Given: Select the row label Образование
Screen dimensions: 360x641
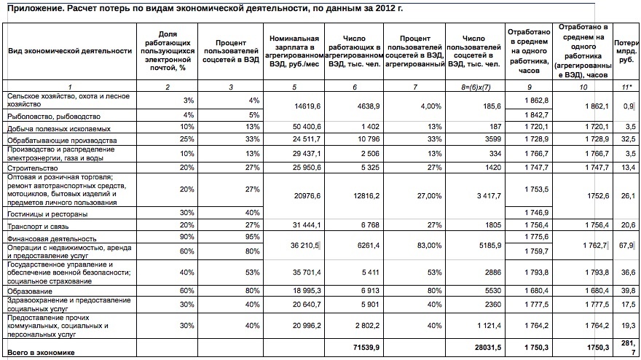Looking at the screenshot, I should [x=28, y=290].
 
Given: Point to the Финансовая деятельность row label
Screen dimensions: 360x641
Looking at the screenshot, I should [x=51, y=238].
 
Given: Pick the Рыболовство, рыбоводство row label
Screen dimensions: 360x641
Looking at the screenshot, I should [x=54, y=116].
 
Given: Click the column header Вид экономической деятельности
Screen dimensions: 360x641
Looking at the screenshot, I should [x=70, y=51].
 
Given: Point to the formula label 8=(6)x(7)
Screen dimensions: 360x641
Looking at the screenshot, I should [x=474, y=87].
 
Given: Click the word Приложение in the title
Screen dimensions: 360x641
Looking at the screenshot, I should [x=36, y=9].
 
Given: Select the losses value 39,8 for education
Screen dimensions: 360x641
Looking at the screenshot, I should [x=626, y=290].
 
